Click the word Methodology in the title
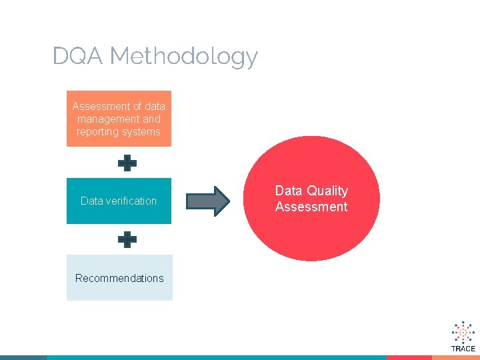point(183,57)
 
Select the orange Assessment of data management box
point(119,119)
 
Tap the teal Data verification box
point(119,201)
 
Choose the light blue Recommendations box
point(119,278)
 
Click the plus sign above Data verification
point(127,163)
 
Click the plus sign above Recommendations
point(127,239)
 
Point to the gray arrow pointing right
point(207,201)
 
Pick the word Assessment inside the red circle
point(311,207)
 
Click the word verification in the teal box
point(131,201)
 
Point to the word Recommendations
point(119,278)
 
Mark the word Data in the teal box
point(91,201)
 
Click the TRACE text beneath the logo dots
point(463,349)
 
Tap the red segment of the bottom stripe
point(409,357)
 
